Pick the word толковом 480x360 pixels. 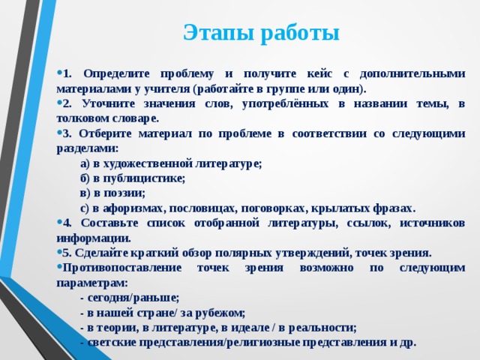[x=82, y=118]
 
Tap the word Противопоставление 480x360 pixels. [x=121, y=268]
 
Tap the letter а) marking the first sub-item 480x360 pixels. [x=85, y=163]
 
